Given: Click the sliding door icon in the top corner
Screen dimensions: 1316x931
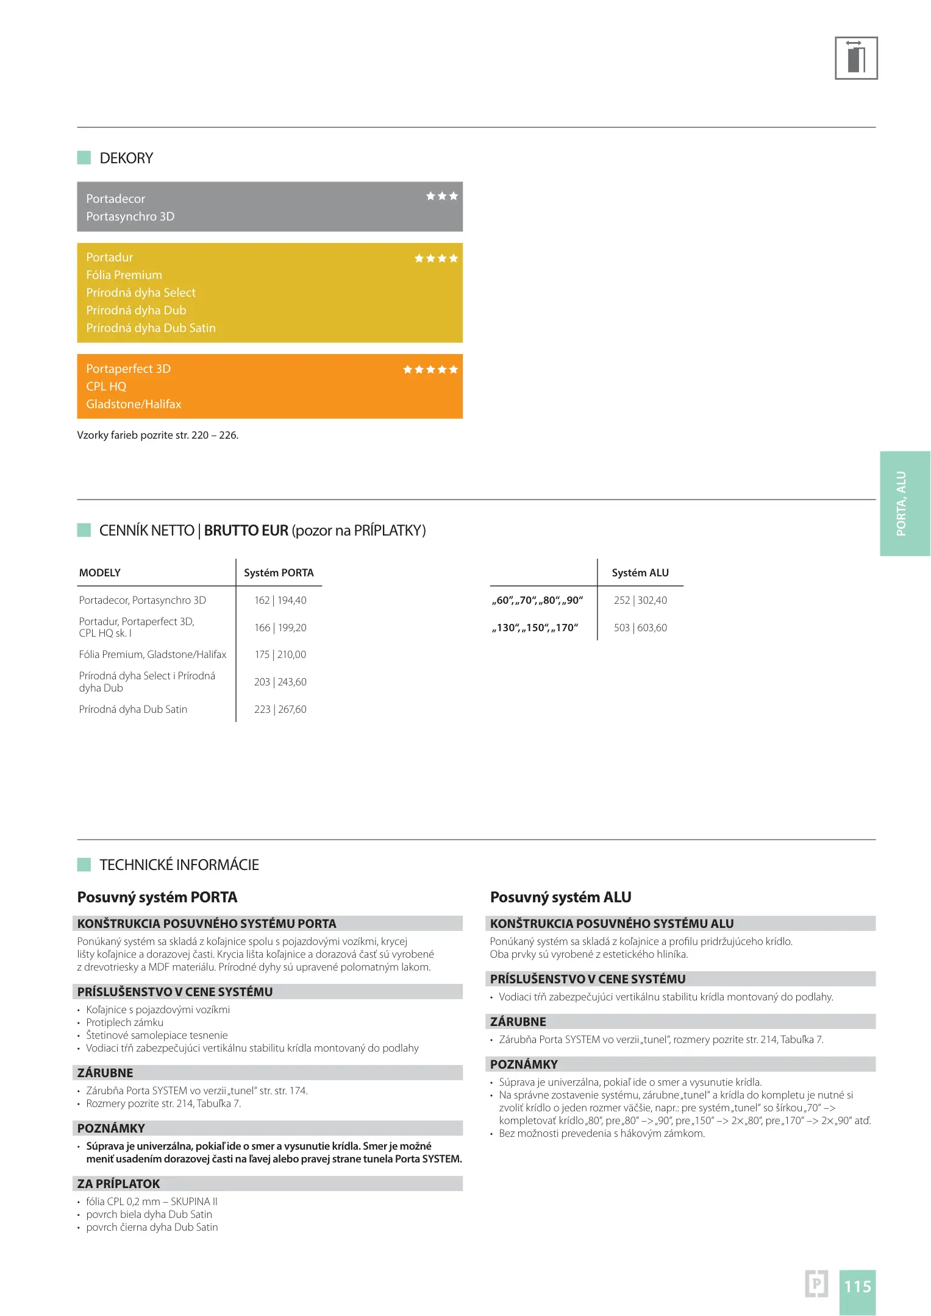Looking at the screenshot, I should coord(855,58).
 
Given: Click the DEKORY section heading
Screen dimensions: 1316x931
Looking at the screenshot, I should coord(126,158).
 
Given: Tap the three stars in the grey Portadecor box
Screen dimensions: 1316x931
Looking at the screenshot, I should coord(442,196).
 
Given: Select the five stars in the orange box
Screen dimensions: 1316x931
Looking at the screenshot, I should coord(430,369).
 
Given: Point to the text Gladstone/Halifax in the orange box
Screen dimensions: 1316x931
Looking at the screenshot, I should coord(134,404).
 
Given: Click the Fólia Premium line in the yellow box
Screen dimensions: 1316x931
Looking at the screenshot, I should coord(124,275).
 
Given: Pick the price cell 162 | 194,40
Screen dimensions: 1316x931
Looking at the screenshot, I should coord(280,600).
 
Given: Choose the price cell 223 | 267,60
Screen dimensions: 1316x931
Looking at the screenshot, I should coord(280,709).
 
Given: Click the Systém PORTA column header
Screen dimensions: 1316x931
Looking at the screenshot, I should coord(279,573).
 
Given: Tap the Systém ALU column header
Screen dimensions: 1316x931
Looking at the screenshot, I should coord(640,573).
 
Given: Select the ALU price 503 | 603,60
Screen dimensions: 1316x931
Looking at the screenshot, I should coord(640,628).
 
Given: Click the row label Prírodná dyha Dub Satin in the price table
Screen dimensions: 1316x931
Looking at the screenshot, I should coord(133,709).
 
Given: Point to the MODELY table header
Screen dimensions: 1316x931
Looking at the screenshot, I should coord(100,573).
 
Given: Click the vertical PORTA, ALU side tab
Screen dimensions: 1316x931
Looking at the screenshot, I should coord(904,503).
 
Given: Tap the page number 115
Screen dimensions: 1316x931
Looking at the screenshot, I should coord(857,1286).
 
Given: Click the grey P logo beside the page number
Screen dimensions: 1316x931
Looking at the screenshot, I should coord(816,1284).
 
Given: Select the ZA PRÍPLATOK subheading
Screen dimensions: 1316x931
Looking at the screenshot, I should coord(118,1184).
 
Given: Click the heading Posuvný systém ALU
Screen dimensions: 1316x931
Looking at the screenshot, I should coord(560,897).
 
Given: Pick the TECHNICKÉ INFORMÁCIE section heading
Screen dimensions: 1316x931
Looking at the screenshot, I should coord(179,865).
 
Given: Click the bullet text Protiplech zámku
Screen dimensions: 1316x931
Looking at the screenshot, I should coord(124,1022).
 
